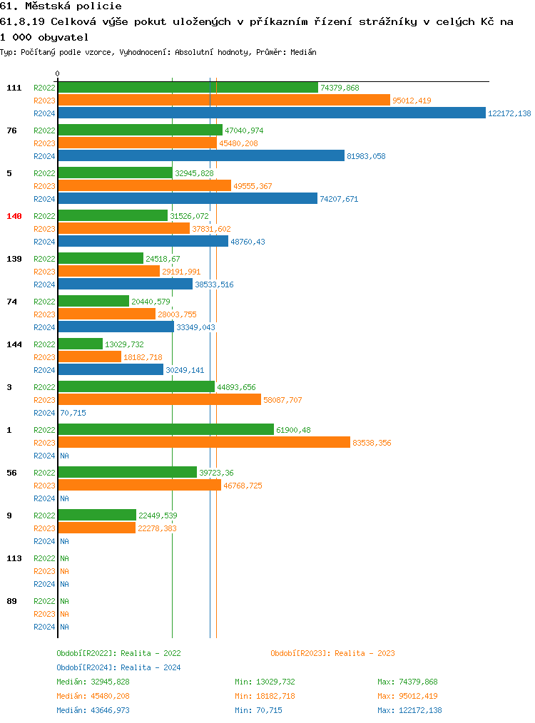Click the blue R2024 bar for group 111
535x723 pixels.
[x=271, y=113]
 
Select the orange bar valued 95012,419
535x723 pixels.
[x=224, y=101]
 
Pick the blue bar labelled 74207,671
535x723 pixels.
[x=188, y=199]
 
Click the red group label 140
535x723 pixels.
[x=14, y=216]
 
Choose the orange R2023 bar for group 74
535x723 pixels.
[x=107, y=314]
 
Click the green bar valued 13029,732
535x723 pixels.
[x=81, y=344]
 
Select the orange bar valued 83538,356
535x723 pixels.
[x=204, y=443]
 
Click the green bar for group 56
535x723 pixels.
[x=127, y=473]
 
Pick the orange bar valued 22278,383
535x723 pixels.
[x=97, y=528]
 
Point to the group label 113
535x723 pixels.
[x=14, y=558]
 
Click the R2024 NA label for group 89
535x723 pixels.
[x=64, y=627]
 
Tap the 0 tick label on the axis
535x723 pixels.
[x=58, y=73]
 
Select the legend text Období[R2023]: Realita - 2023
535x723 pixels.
[x=332, y=653]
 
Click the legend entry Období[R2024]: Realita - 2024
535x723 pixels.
[x=118, y=667]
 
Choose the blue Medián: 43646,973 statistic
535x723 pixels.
[x=93, y=710]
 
